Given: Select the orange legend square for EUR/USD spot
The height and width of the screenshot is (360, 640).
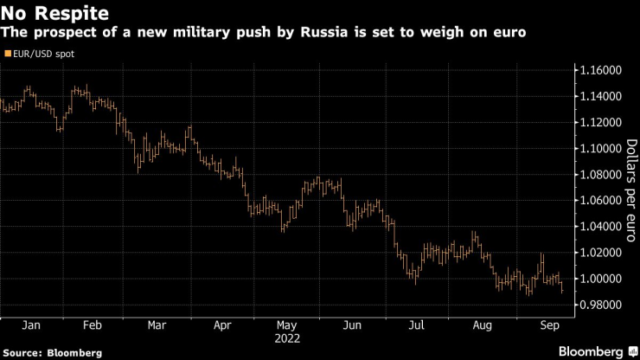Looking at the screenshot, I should [x=8, y=54].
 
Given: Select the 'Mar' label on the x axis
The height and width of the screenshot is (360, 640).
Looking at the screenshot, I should [x=157, y=326].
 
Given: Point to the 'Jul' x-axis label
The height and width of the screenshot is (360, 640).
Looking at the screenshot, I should [x=418, y=326].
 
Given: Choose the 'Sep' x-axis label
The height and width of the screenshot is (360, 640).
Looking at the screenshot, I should [x=547, y=326].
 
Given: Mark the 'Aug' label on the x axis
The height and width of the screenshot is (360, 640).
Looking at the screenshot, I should [x=483, y=326].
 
